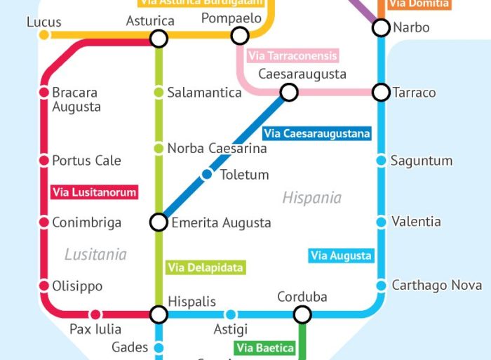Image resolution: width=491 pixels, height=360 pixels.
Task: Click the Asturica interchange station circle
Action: (159, 39)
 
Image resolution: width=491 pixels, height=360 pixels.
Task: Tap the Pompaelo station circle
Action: (240, 35)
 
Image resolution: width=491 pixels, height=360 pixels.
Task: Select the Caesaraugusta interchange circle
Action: (288, 92)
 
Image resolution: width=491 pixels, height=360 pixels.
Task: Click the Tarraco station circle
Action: (381, 92)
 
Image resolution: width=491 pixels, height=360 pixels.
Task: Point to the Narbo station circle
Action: (381, 27)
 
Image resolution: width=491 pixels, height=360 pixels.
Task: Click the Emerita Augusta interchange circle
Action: (159, 222)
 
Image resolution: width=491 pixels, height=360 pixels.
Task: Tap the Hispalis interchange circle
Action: (159, 314)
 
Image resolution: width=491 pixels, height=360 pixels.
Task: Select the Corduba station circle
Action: (302, 314)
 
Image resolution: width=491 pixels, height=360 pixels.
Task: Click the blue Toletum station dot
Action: (207, 174)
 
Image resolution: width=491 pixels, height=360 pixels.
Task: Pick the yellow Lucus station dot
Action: (44, 35)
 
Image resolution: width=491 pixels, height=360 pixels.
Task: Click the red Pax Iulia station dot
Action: (95, 314)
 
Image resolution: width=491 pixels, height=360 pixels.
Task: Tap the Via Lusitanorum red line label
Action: (95, 192)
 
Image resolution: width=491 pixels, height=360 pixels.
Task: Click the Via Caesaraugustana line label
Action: (317, 133)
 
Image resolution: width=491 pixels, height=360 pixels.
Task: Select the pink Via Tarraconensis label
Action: (293, 55)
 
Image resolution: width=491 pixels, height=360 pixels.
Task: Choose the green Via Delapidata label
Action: (206, 267)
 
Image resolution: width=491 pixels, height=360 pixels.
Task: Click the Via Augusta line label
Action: (341, 255)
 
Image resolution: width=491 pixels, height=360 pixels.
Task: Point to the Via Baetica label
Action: (264, 347)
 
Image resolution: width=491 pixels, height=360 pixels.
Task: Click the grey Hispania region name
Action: (312, 198)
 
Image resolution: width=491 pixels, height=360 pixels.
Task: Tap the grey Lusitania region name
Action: (95, 254)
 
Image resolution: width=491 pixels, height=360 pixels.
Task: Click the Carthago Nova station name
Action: (436, 285)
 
